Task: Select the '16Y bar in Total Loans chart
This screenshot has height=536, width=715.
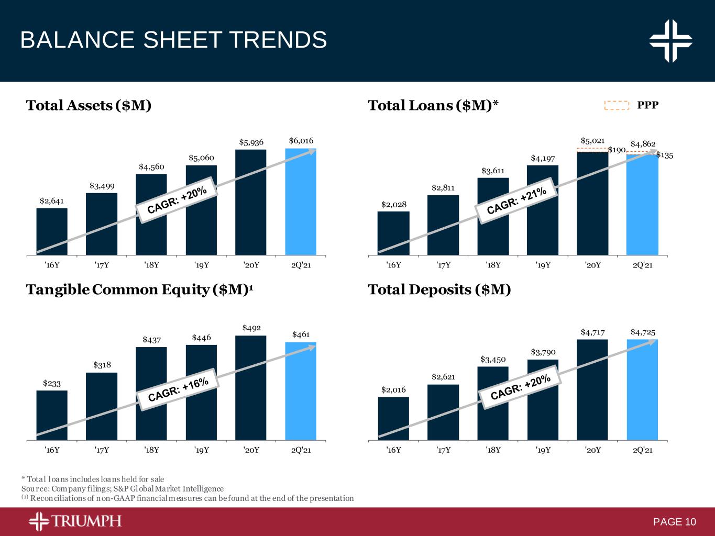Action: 393,233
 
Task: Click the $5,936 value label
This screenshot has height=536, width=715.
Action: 251,142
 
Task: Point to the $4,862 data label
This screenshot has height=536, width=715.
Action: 643,144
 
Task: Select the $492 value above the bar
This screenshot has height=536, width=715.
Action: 251,328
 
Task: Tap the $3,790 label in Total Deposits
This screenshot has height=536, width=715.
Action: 543,352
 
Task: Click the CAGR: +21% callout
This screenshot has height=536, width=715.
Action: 516,200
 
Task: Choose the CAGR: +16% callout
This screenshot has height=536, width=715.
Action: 178,390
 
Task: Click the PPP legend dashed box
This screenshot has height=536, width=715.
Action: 617,105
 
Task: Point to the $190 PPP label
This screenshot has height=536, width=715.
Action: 617,150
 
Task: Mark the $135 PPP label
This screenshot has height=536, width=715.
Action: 665,155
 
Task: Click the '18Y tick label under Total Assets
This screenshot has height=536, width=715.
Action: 151,265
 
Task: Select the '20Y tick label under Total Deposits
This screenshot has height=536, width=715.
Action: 592,450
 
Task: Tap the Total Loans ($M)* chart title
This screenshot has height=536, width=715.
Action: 433,106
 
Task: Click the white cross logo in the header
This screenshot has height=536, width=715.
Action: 670,40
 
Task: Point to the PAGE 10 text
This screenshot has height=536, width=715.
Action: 675,522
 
